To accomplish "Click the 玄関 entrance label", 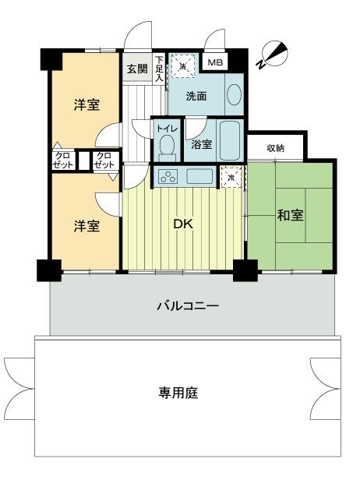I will tap(136, 68).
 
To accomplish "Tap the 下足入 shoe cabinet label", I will tap(159, 69).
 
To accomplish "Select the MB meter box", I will tap(214, 63).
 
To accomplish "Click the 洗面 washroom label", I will tap(196, 97).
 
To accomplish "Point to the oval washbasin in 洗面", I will tap(234, 96).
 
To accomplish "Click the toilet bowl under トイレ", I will tap(165, 146).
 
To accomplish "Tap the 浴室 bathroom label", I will tap(199, 144).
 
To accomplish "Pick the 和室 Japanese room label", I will tap(289, 215).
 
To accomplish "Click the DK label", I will tap(182, 224).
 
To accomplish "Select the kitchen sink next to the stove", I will tap(199, 176).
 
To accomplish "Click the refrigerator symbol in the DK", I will tap(230, 177).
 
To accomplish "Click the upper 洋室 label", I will tap(86, 104).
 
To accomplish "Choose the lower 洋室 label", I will tap(86, 226).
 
